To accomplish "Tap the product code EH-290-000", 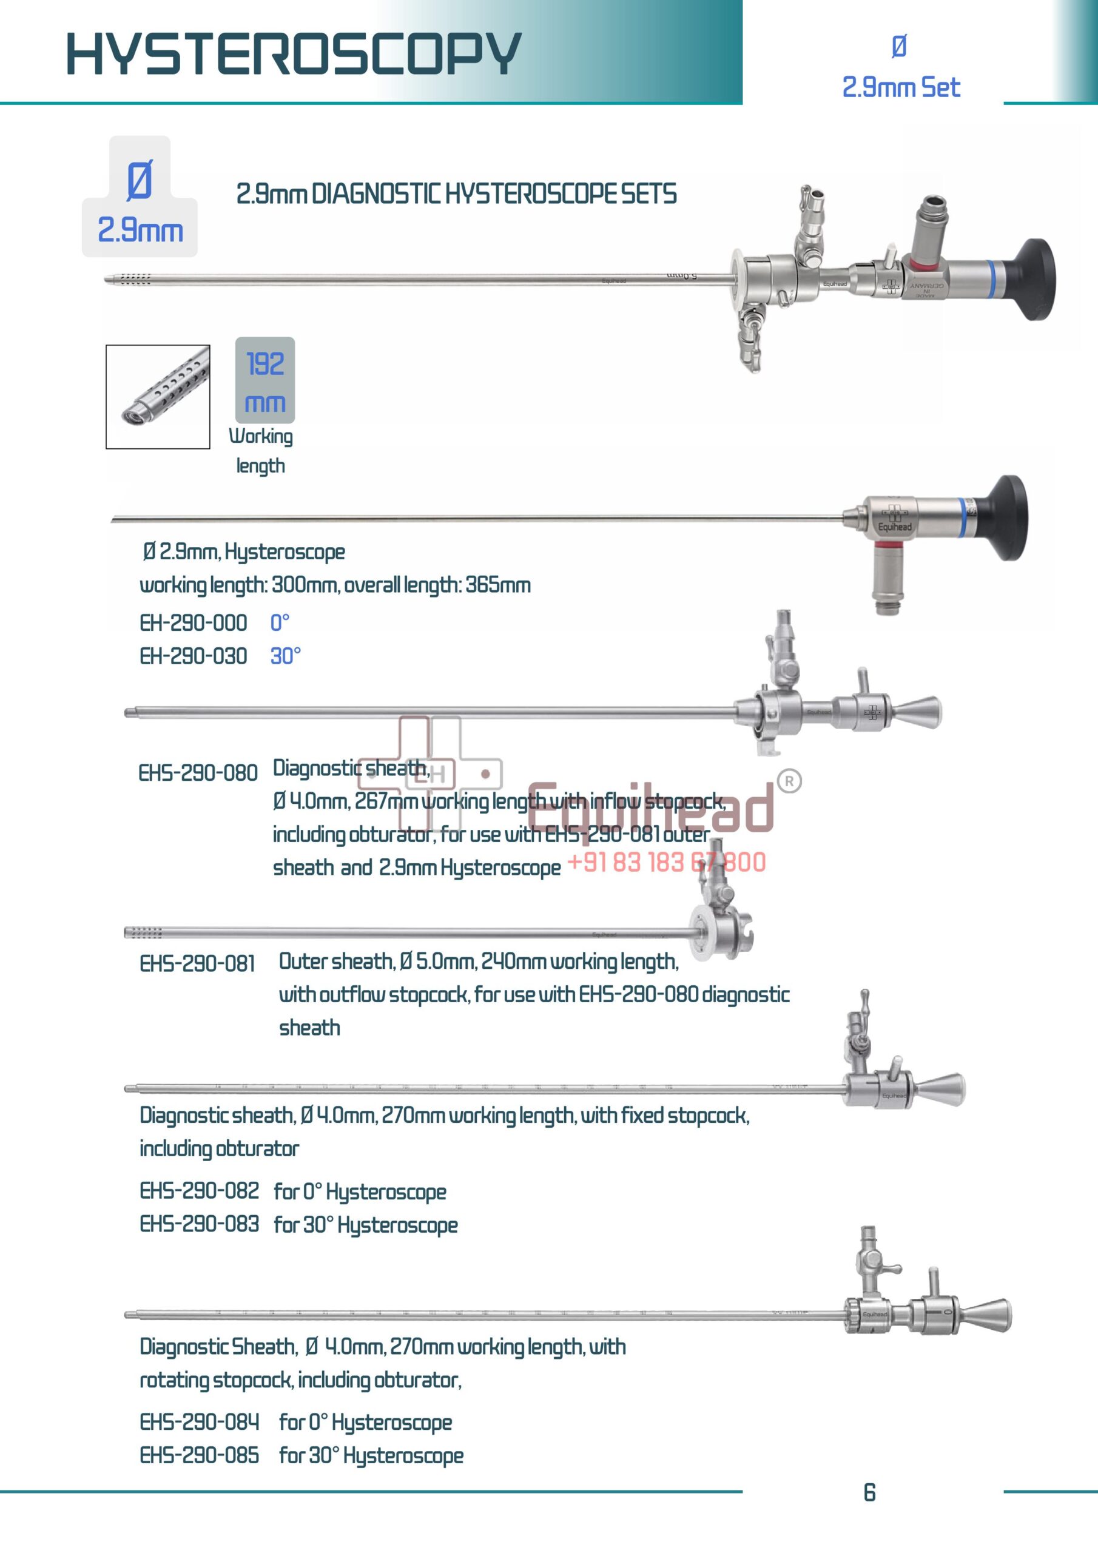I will (x=193, y=623).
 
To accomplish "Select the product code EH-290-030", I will (x=193, y=656).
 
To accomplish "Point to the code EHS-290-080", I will (x=198, y=773).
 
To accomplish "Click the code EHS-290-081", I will (x=197, y=963).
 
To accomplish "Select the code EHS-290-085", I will (x=199, y=1455).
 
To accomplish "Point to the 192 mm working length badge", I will (x=265, y=380).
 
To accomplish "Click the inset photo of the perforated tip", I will (x=158, y=397).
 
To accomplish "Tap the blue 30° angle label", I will (x=286, y=656).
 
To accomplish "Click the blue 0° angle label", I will (x=280, y=623).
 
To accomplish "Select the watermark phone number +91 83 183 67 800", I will (x=666, y=863).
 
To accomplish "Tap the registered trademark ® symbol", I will (x=789, y=781).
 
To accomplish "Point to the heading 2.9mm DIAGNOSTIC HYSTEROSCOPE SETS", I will (x=456, y=195).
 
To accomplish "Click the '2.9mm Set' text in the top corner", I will (x=900, y=87).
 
